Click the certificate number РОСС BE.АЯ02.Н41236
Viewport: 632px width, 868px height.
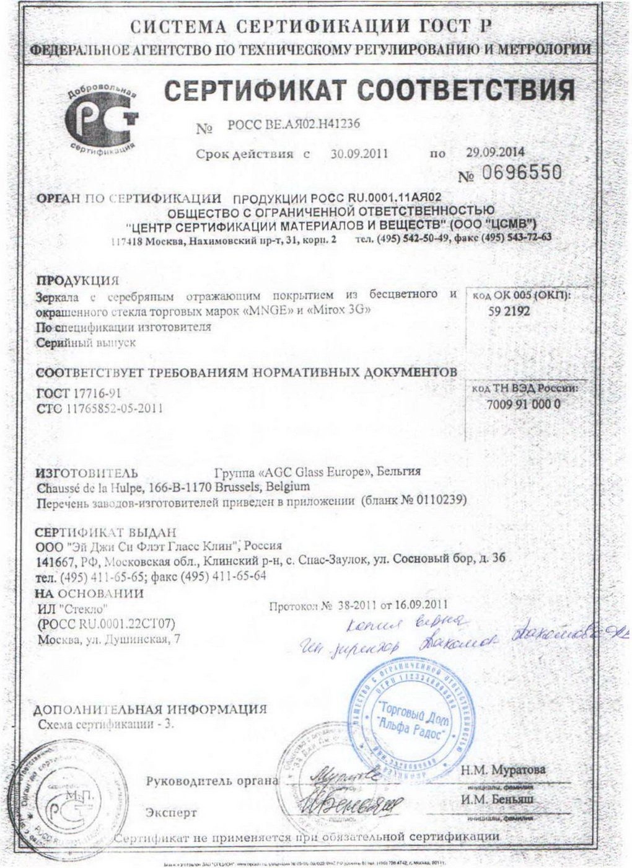[293, 125]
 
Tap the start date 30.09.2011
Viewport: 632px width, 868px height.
[359, 154]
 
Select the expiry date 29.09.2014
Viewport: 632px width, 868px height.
[495, 151]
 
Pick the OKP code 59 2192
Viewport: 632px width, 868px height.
[509, 312]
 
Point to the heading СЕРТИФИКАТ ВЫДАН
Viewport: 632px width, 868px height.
[105, 533]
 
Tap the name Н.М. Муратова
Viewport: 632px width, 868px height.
[503, 769]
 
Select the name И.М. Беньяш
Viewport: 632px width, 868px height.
[497, 799]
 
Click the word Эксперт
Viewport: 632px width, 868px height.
[171, 812]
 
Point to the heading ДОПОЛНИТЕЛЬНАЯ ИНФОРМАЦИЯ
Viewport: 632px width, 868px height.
[149, 709]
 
